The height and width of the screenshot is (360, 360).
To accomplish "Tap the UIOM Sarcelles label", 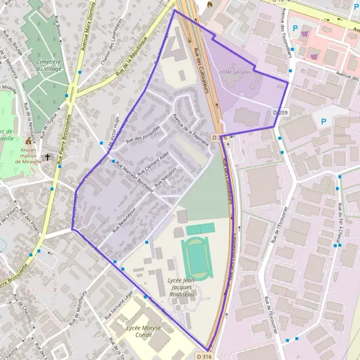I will click(235, 71).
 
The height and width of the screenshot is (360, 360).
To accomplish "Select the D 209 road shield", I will click(280, 112).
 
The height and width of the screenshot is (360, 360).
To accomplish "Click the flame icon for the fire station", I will click(209, 4).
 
